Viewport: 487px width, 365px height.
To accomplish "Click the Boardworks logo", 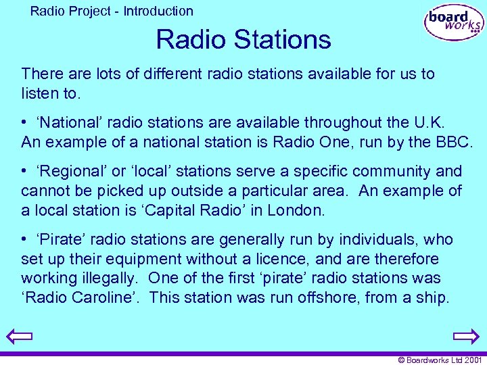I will pos(454,22).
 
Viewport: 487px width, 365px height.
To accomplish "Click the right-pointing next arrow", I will pos(466,336).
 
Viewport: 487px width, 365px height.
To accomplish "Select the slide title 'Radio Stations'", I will pos(243,40).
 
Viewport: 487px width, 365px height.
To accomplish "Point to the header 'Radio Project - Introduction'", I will pos(112,11).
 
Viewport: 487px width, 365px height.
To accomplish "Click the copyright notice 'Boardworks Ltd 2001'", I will pos(440,360).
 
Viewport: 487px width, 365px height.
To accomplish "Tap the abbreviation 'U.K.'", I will pos(430,122).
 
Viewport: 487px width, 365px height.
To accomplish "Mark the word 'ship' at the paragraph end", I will pos(432,297).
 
